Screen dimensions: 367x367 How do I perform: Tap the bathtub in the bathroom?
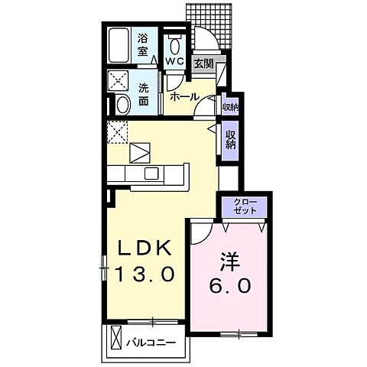[120, 45]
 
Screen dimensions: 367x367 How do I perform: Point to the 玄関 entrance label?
[203, 63]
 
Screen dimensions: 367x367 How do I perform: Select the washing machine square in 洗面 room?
[119, 80]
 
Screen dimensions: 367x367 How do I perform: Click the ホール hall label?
[184, 97]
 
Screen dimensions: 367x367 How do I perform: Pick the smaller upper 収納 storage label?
[229, 106]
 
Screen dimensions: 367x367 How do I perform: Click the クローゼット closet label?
[243, 206]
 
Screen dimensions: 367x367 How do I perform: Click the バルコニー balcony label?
[151, 342]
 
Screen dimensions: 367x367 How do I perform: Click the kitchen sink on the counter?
[150, 171]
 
